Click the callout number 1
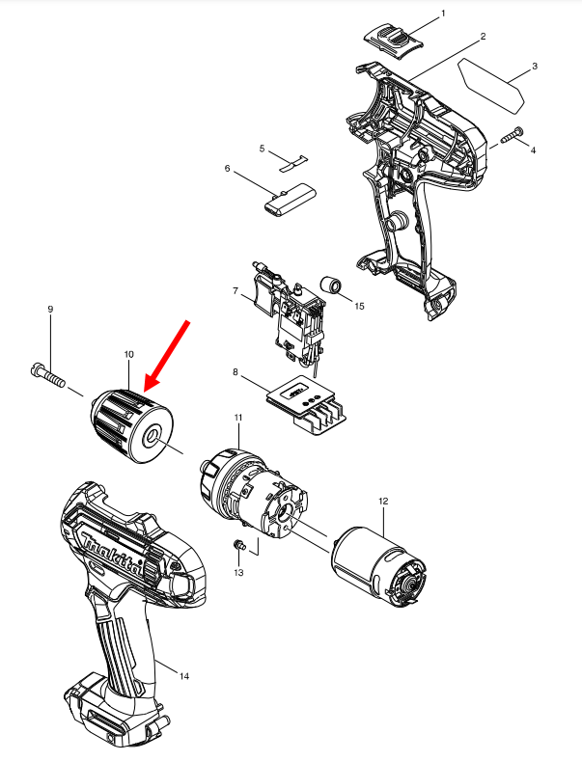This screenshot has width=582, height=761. (443, 14)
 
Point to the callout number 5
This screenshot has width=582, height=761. (262, 148)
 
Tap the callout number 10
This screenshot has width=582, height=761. (128, 355)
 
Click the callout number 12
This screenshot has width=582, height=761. (383, 502)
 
